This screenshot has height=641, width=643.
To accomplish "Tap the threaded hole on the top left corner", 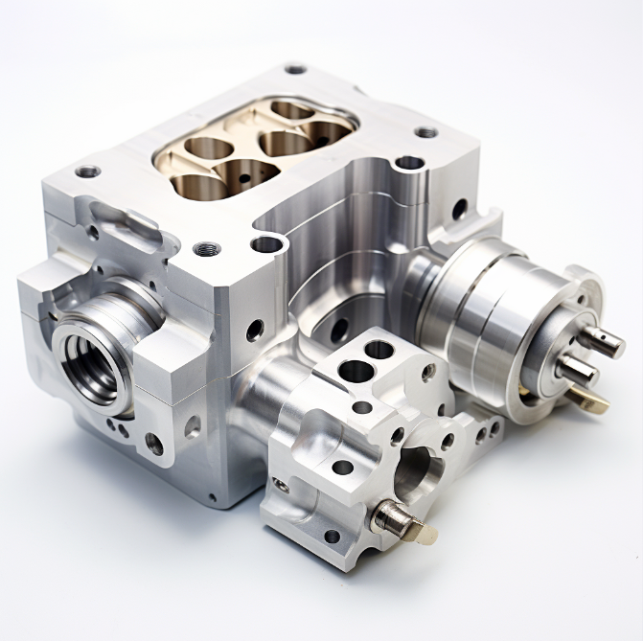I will (x=87, y=172).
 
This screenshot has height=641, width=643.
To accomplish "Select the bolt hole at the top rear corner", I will (x=295, y=69).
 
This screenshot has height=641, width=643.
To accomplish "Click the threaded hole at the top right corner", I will (x=426, y=132).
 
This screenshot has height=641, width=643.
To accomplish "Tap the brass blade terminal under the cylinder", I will (x=591, y=400).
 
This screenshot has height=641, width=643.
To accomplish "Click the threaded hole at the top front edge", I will (x=206, y=249).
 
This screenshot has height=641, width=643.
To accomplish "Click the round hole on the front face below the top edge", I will (x=255, y=331).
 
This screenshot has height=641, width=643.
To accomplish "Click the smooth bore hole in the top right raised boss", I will (x=409, y=163).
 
